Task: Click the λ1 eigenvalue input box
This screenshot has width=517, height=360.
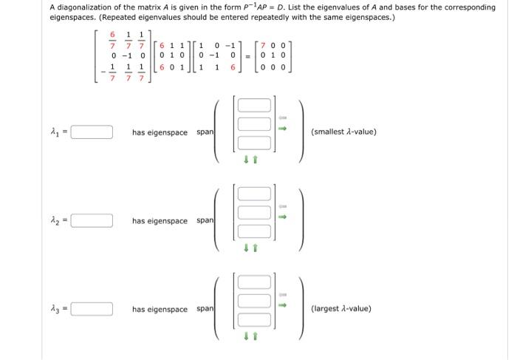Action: point(92,133)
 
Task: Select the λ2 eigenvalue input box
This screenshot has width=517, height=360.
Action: point(92,220)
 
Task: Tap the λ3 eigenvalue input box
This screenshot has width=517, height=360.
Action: point(92,309)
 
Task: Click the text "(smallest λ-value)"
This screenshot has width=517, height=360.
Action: point(343,132)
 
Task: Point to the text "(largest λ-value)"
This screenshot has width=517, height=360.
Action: point(341,308)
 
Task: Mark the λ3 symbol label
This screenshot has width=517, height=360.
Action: point(57,309)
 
